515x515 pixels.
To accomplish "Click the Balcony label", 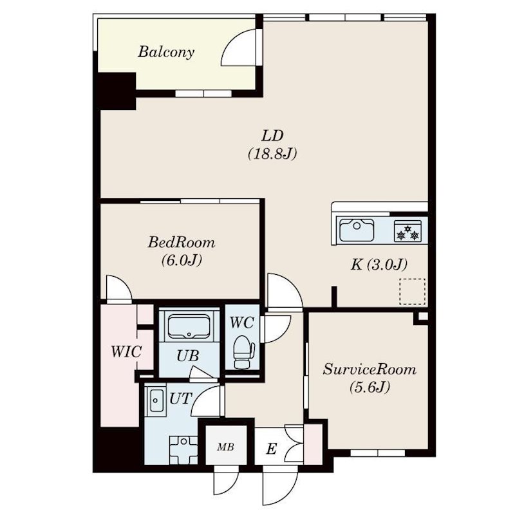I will [166, 52].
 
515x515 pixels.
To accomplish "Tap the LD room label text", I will [273, 136].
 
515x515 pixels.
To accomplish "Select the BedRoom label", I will [182, 243].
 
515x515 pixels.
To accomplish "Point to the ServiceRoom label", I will [370, 370].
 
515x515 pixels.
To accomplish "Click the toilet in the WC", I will [244, 351].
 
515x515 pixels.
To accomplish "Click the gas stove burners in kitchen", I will [407, 231].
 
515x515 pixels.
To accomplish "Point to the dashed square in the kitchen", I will [412, 291].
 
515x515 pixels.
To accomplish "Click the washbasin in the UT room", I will [155, 404].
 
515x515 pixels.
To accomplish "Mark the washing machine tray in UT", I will [183, 447].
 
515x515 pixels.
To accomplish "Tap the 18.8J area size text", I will [271, 154].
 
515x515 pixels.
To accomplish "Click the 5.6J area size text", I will [370, 388].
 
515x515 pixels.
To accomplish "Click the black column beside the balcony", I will [116, 89].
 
